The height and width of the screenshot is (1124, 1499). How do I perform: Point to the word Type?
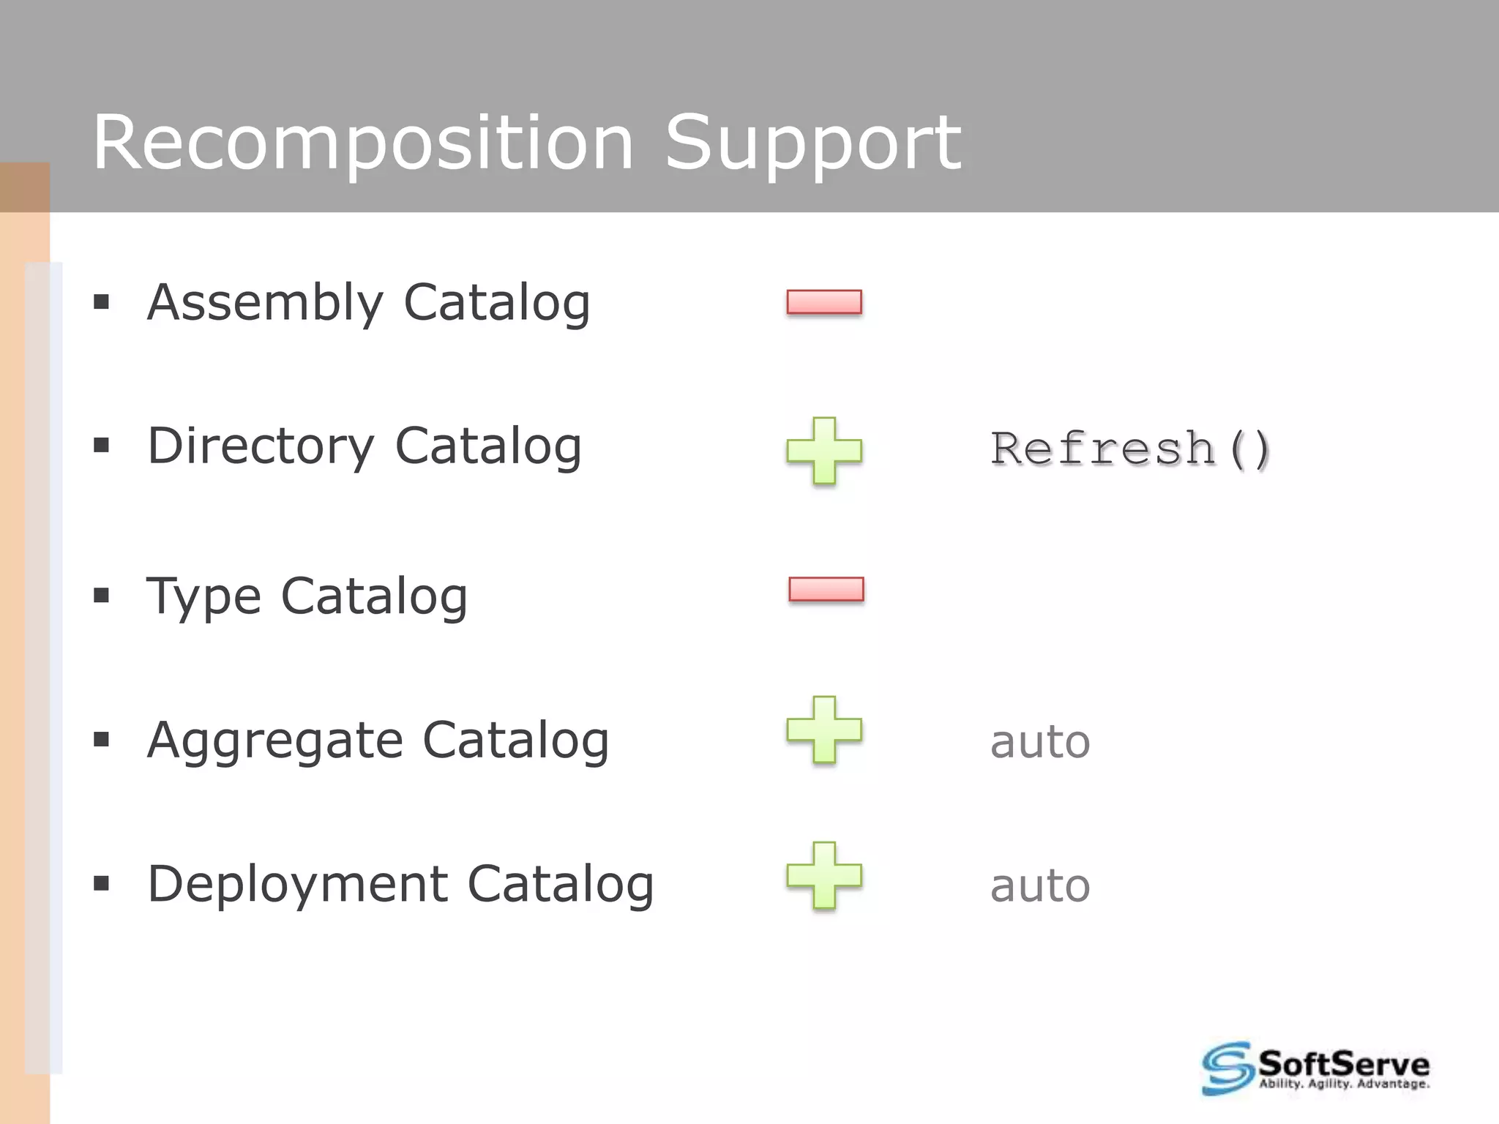click(x=203, y=596)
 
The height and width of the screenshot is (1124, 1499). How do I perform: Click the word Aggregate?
click(x=274, y=740)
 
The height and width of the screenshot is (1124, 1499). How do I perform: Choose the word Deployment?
click(x=297, y=884)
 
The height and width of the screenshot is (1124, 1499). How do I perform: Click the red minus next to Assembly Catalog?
click(x=824, y=302)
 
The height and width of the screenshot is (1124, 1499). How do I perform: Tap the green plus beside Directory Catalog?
click(x=824, y=451)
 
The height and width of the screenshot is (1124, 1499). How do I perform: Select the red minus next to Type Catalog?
click(x=826, y=589)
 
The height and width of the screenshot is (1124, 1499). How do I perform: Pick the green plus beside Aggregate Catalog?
click(x=824, y=730)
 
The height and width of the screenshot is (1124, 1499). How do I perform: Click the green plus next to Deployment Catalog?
click(x=824, y=876)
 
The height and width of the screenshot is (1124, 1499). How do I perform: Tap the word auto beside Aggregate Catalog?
click(x=1040, y=742)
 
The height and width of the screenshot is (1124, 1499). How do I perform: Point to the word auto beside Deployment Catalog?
click(x=1040, y=885)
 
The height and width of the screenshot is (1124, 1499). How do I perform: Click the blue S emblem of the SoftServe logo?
click(x=1227, y=1068)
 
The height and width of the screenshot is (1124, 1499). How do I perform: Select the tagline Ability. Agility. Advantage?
click(x=1344, y=1084)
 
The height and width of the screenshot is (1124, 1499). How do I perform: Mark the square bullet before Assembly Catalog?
click(x=101, y=302)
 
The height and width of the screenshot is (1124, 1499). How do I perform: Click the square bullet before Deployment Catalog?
click(x=101, y=884)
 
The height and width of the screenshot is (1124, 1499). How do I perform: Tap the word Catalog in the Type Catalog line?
click(x=374, y=596)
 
